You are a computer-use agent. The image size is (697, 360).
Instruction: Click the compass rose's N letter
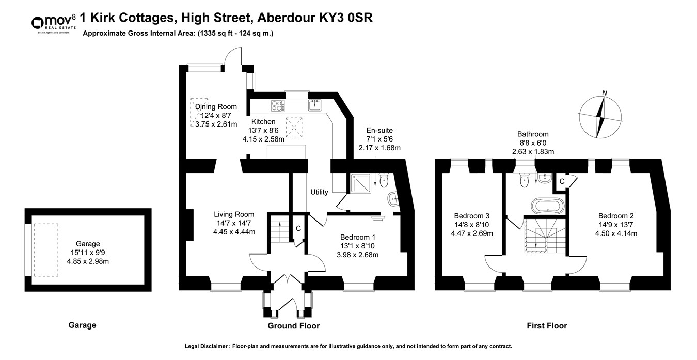605,93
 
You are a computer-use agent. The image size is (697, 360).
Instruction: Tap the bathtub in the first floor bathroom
548,206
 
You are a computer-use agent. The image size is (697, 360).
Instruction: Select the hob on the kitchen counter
278,105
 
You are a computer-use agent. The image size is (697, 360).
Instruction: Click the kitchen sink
315,105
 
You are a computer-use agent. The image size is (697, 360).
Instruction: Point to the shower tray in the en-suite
361,183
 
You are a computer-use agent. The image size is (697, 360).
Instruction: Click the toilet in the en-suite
384,180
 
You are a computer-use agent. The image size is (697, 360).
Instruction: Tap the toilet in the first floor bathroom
525,180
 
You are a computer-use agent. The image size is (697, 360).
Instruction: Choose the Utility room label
319,192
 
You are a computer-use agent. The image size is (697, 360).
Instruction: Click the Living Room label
234,214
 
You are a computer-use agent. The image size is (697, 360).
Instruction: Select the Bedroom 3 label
472,216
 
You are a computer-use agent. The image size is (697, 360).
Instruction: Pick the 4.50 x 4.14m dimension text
616,233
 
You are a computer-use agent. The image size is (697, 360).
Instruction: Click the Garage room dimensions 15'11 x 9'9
88,253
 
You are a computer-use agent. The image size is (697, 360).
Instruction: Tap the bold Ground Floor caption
294,326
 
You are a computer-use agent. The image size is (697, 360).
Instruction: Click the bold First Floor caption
547,326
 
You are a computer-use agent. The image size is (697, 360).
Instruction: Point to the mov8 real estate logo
54,24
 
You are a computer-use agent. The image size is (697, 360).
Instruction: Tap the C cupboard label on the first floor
562,181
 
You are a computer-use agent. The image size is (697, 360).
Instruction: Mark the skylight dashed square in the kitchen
294,127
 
